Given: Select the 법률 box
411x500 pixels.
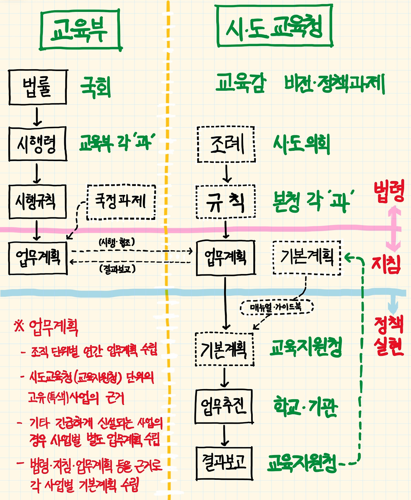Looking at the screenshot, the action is (38, 87).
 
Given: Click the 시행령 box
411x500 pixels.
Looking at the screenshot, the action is (38, 144).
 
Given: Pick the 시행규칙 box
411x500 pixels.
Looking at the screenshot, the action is (37, 202).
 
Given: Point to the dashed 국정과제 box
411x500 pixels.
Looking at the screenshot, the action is (121, 202).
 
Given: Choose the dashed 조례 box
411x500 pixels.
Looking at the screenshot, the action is (226, 144).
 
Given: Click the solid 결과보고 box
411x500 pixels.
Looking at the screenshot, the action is (224, 463).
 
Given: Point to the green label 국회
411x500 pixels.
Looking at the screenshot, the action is (95, 87).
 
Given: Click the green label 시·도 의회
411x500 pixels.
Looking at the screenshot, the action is (301, 144).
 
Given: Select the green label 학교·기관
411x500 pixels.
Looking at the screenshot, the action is (305, 407).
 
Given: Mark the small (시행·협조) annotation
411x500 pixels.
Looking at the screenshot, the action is (117, 242).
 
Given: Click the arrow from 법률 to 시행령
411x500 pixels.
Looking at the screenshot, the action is (37, 116).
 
